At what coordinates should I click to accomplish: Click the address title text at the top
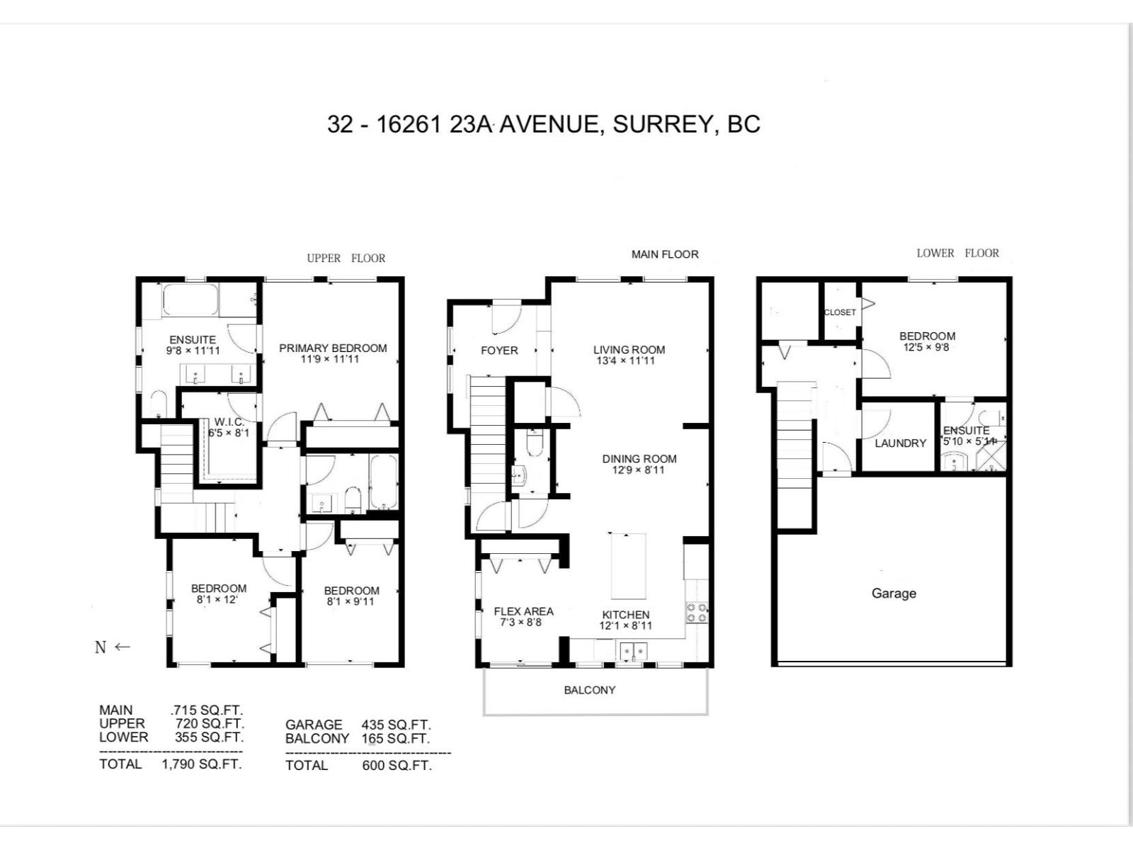[x=543, y=124]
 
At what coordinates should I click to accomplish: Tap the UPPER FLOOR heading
[x=346, y=259]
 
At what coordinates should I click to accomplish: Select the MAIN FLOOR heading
[x=664, y=254]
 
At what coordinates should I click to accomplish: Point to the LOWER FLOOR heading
[x=957, y=253]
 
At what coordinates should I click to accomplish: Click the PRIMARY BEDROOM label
[x=333, y=348]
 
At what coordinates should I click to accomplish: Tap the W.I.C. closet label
[x=229, y=422]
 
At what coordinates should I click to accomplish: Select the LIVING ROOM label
[x=629, y=349]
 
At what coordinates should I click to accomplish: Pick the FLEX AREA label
[x=523, y=611]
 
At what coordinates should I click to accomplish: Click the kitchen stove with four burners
[x=696, y=612]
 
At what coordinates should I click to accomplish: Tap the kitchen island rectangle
[x=629, y=566]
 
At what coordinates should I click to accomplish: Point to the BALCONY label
[x=589, y=690]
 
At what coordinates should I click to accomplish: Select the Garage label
[x=893, y=594]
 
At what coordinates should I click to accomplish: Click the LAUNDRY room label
[x=900, y=443]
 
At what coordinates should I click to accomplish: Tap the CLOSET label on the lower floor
[x=840, y=312]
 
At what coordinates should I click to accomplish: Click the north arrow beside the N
[x=123, y=647]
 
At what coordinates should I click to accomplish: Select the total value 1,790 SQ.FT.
[x=202, y=764]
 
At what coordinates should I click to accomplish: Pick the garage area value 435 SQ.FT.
[x=396, y=725]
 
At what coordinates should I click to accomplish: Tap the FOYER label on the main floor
[x=499, y=351]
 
